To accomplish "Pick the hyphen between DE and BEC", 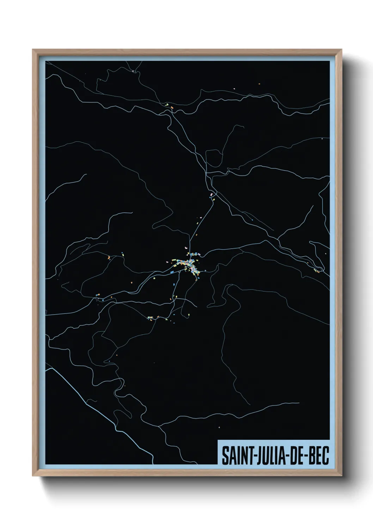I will coord(306,456).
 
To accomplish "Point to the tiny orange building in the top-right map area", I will coord(259,84).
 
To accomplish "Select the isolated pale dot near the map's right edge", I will coord(322,139).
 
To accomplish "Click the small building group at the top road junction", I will coord(170,106).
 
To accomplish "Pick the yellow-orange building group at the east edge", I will coord(316,271).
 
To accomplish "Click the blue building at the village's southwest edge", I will coord(172,273).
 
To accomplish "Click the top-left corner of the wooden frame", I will coord(33,50).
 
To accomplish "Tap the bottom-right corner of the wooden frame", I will coord(341,476).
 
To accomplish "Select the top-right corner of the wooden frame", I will coord(341,50).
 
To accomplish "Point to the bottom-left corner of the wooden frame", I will coord(33,476).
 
